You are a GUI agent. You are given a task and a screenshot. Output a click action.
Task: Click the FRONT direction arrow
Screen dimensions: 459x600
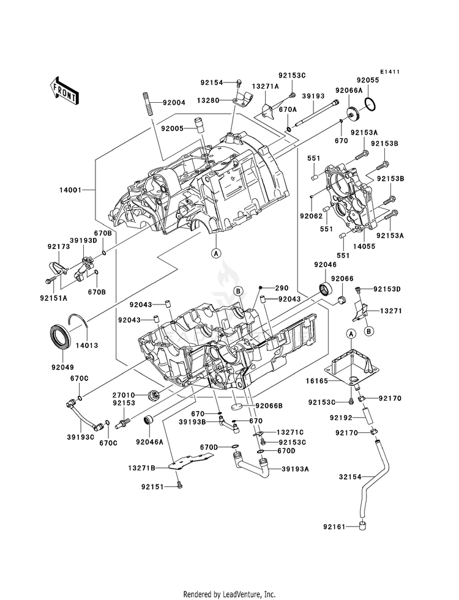pos(64,92)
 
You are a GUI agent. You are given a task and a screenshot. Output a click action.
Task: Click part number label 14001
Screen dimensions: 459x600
pos(70,190)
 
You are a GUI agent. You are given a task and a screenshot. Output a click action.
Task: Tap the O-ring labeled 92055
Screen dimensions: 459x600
pos(370,104)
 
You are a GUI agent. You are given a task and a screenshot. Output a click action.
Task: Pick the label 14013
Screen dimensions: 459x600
pos(86,345)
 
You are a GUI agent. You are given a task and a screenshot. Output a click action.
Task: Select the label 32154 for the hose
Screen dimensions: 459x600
pos(350,477)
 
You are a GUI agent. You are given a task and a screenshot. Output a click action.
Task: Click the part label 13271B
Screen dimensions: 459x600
pos(141,468)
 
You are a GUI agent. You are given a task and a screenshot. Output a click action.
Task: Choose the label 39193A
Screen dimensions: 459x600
pos(295,469)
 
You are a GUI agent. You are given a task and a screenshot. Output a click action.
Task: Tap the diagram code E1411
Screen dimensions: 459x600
pos(390,72)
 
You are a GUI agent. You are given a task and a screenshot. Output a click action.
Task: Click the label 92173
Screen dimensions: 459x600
pos(59,246)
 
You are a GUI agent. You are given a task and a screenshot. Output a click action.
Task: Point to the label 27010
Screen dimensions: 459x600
pos(124,395)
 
